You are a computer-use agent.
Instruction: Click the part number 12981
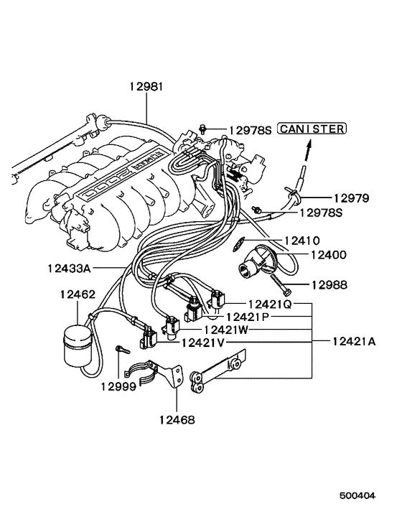coord(146,86)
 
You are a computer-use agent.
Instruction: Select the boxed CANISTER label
coord(312,129)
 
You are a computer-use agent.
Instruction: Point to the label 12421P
coord(247,317)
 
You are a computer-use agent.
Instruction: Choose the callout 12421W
coord(226,330)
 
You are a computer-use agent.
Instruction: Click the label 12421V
coord(202,343)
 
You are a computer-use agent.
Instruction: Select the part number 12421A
coord(353,342)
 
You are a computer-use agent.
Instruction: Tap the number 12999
coord(118,386)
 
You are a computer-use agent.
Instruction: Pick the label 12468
coord(176,420)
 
